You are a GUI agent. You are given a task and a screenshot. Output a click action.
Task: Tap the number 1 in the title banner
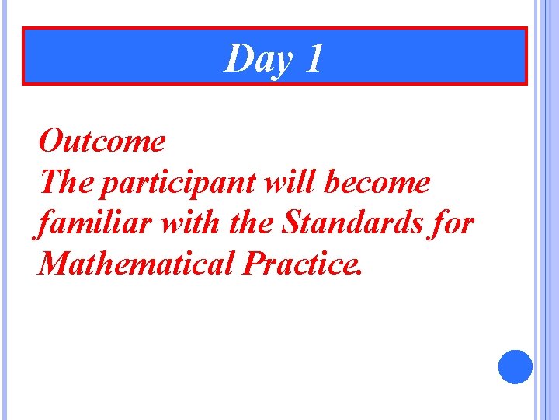click(x=313, y=59)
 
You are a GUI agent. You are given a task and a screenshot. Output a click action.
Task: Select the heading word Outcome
click(x=102, y=142)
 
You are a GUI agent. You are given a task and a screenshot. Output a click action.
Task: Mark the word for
click(x=453, y=224)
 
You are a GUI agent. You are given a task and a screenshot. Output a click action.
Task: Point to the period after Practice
click(x=358, y=275)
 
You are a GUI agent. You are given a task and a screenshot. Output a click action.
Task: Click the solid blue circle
click(x=515, y=366)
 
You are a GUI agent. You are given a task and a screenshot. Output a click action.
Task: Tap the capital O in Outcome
click(x=51, y=142)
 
